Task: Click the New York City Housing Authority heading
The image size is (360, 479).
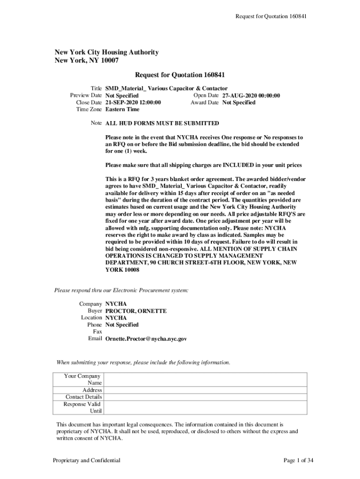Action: coord(107,52)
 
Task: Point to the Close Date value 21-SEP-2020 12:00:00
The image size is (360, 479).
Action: coord(133,102)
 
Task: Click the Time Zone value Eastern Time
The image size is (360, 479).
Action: coord(122,109)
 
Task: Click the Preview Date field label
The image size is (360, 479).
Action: coord(86,95)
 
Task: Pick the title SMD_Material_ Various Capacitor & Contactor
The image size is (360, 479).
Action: coord(166,88)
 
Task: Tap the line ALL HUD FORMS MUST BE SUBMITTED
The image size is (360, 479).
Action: coord(162,123)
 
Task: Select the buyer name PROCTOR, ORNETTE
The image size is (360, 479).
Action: coord(136,311)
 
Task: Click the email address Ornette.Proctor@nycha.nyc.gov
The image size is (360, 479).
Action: coord(146,339)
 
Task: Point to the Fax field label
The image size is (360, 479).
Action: coord(97,332)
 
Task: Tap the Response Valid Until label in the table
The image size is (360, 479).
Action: coord(83,407)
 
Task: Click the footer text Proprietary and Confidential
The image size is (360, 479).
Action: coord(86,461)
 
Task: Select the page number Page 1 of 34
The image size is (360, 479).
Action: coord(298,461)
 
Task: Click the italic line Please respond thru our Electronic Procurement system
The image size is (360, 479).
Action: coord(122,290)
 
